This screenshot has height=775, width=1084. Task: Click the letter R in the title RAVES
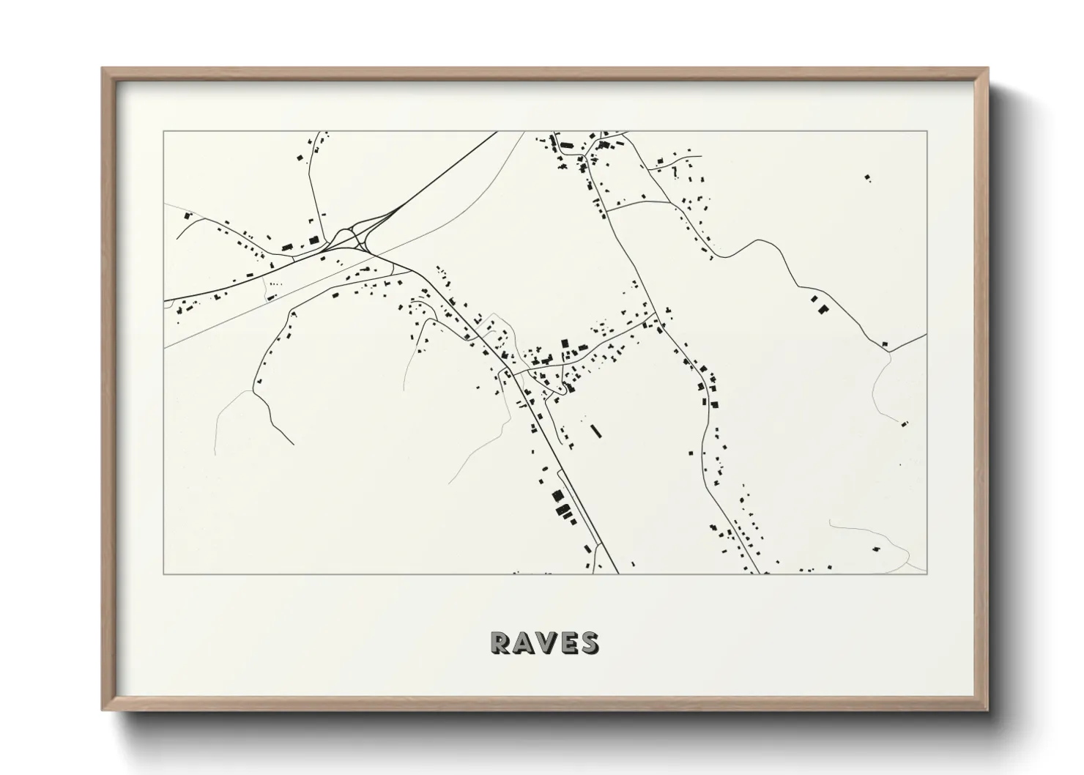tap(502, 642)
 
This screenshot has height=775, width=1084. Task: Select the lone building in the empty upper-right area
tap(868, 177)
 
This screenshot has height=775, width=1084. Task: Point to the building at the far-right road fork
tap(885, 344)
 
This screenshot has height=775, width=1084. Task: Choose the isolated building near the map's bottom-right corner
tap(876, 546)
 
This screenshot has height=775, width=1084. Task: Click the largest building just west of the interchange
tap(314, 240)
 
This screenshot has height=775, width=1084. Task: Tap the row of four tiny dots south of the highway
tap(275, 283)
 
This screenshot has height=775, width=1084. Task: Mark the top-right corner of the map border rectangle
tap(927, 132)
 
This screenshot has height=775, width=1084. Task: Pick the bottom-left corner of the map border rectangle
tap(164, 574)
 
